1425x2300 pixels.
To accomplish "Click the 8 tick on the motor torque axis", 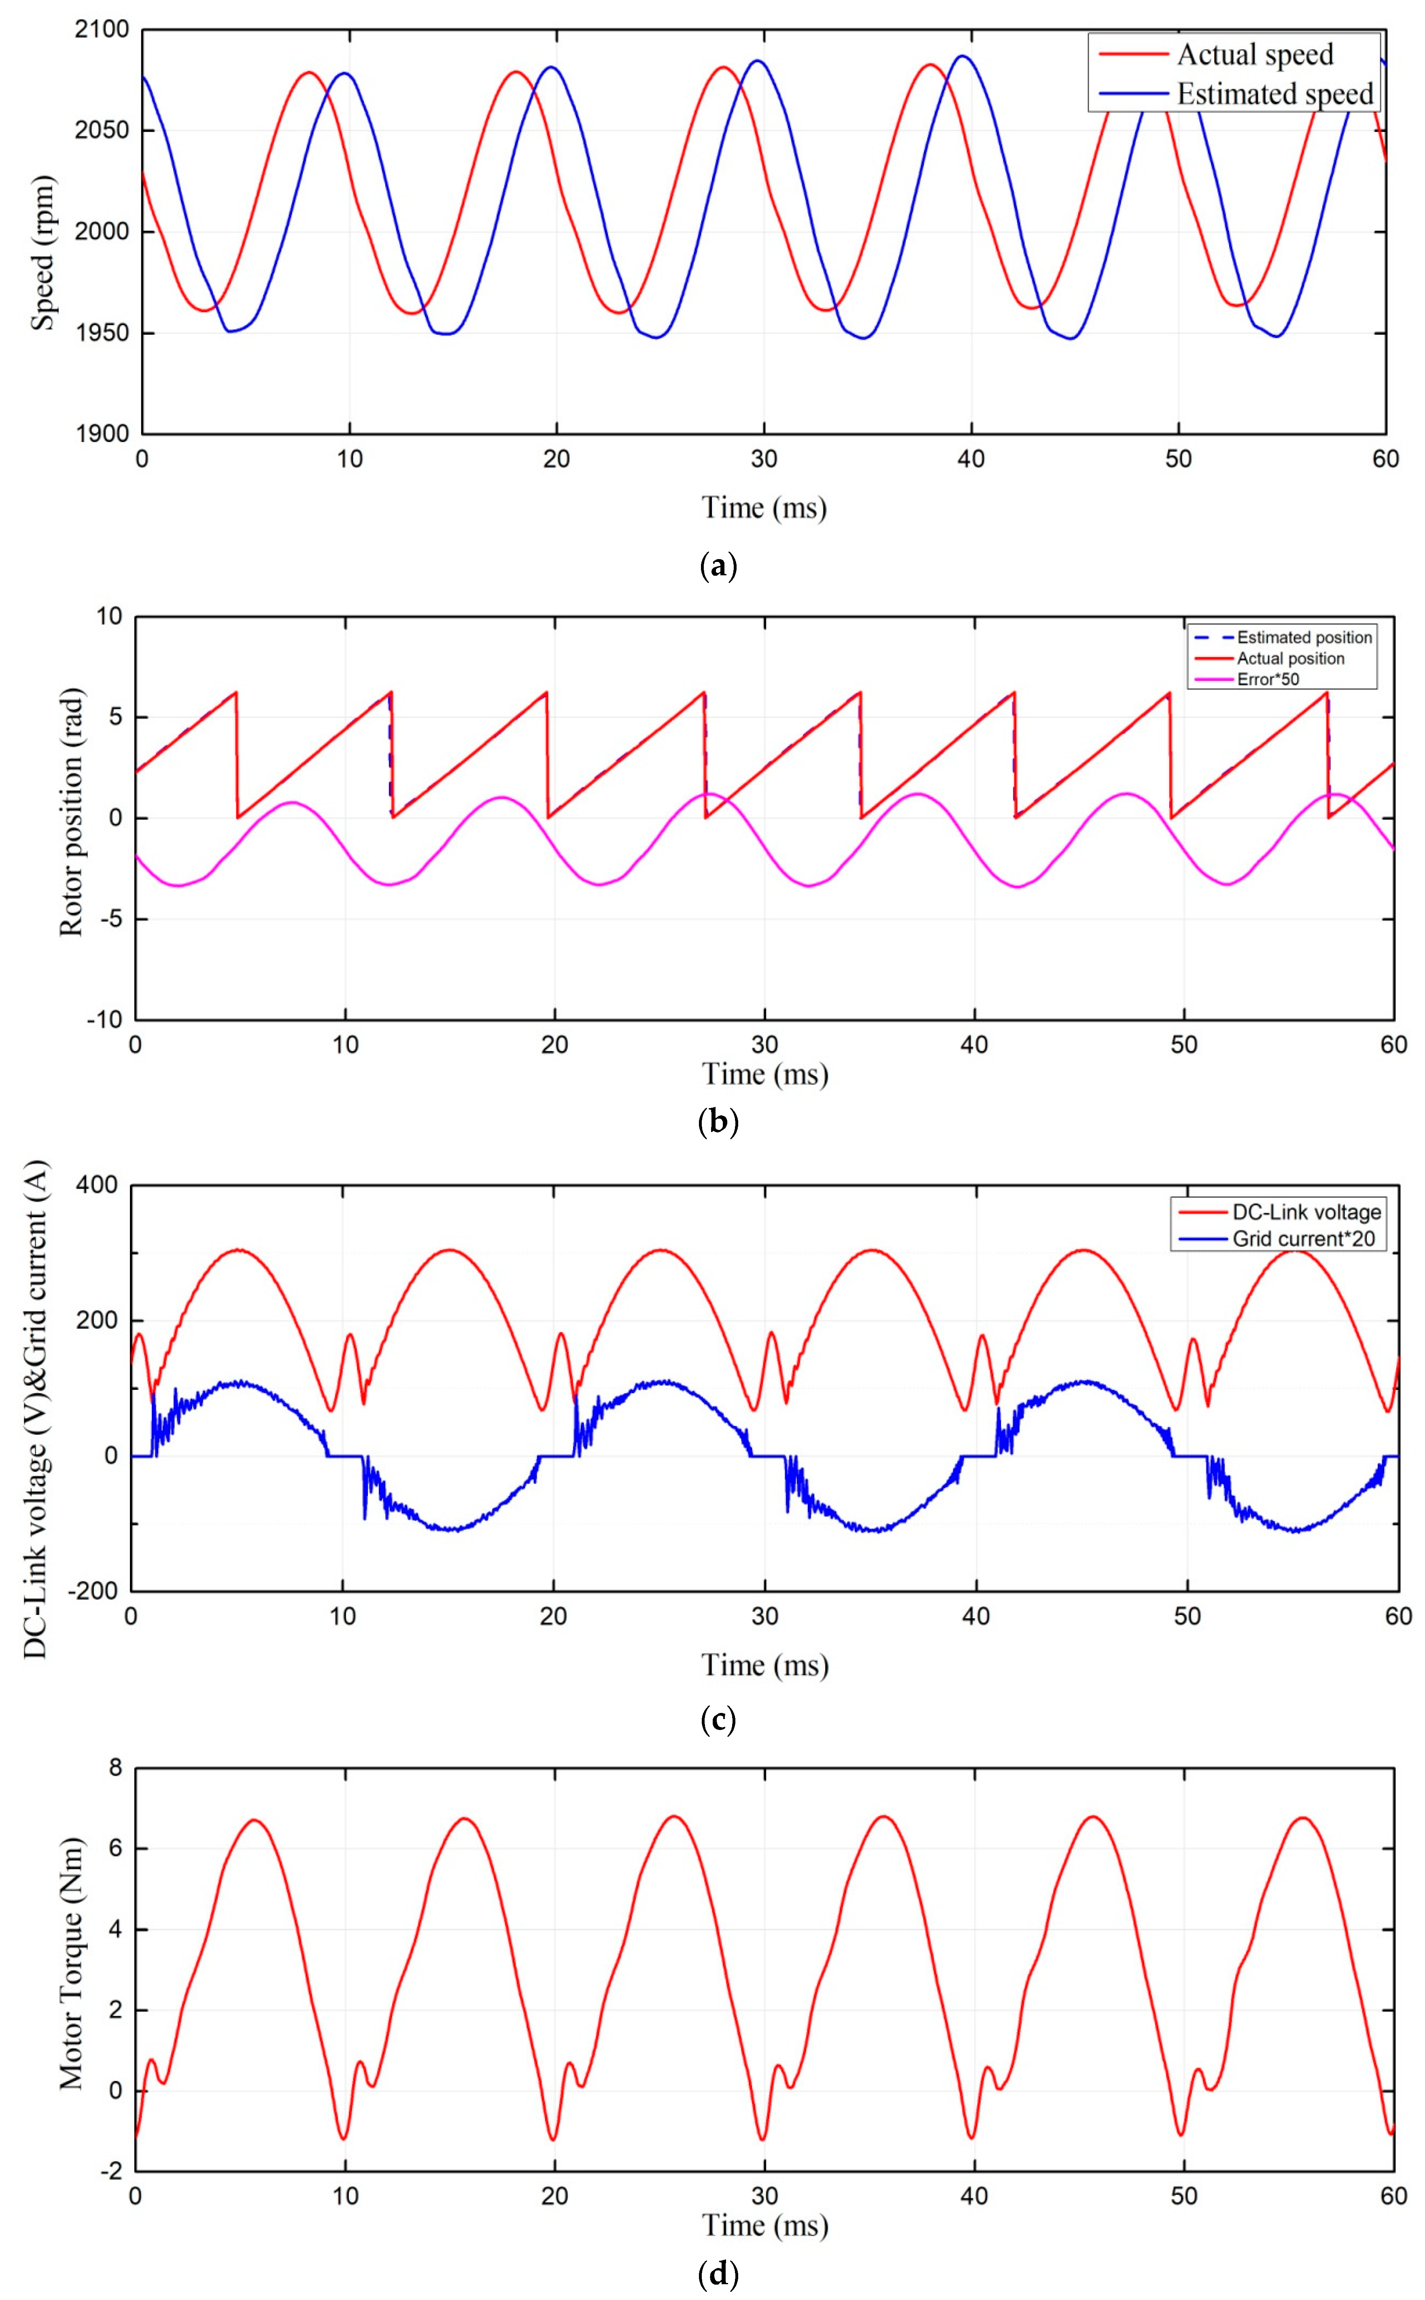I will (x=115, y=1768).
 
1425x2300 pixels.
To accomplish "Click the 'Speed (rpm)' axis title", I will (x=42, y=253).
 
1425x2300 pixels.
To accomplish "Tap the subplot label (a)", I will (x=719, y=566).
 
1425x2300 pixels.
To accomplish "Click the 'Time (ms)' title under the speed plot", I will (x=763, y=508).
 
